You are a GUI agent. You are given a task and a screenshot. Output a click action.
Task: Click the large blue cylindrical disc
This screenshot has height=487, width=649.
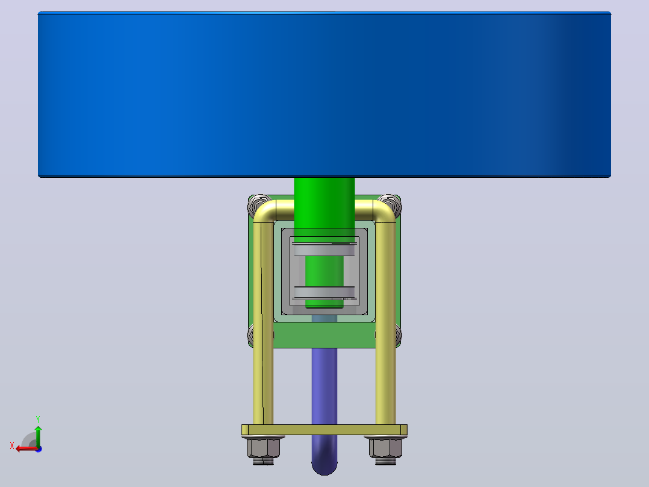(324, 95)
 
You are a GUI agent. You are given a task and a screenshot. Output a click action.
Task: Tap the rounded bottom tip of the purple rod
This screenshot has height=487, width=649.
(324, 468)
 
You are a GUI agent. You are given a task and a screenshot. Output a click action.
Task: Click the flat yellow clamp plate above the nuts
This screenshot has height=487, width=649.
(324, 430)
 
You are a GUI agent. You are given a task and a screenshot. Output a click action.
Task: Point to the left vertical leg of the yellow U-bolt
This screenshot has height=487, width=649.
(263, 323)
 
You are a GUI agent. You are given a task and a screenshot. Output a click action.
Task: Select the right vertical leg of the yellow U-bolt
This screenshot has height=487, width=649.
(385, 323)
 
